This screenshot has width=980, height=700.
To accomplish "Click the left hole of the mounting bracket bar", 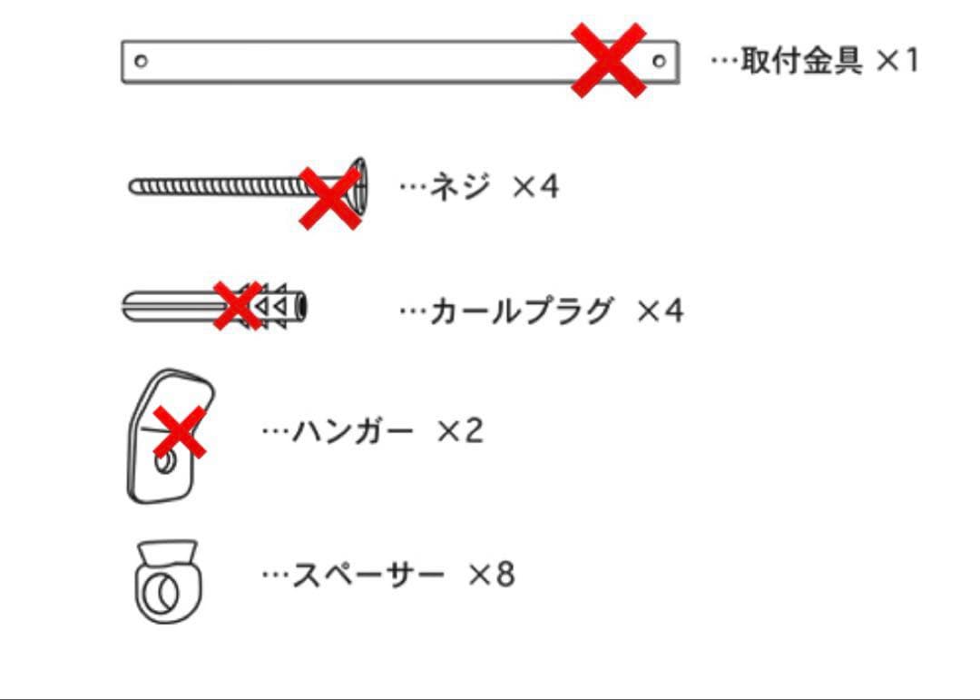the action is click(x=142, y=62).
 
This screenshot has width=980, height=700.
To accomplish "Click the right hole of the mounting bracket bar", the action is click(x=659, y=62).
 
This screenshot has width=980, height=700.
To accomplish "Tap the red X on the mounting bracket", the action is click(x=609, y=60).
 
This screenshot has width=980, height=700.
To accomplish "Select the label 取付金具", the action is click(x=801, y=61).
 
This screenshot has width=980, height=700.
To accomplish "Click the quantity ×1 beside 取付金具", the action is click(x=897, y=61).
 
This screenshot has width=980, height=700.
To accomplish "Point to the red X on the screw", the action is click(x=330, y=198).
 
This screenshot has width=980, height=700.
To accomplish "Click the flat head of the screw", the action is click(x=359, y=186).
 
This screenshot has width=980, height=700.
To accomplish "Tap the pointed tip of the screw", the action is click(x=132, y=186).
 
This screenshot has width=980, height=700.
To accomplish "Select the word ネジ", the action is click(x=459, y=186).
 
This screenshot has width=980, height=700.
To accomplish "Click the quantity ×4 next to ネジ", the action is click(x=535, y=186).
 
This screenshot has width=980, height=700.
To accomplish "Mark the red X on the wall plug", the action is click(x=238, y=305).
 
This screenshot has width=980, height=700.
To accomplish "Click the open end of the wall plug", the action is click(x=301, y=307).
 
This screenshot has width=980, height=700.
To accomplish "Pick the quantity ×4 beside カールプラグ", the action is click(x=660, y=311).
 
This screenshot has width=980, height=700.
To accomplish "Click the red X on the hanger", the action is click(x=180, y=431).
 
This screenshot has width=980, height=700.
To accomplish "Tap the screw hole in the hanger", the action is click(x=164, y=464).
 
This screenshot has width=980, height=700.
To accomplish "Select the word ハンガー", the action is click(x=353, y=431).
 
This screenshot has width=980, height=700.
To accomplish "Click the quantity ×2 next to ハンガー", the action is click(x=460, y=431).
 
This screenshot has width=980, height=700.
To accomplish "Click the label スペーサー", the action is click(x=368, y=575).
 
